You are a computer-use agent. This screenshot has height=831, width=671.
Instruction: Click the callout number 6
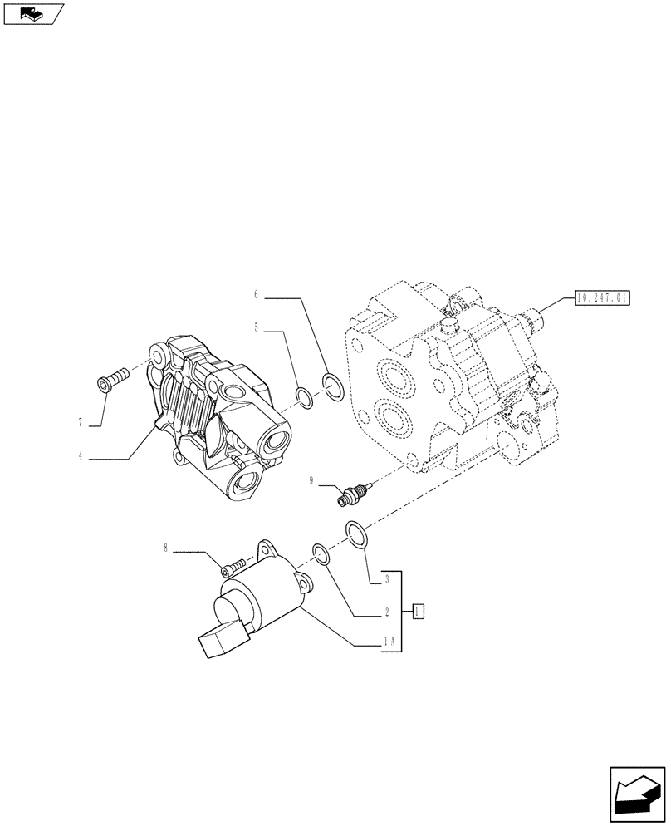point(257,293)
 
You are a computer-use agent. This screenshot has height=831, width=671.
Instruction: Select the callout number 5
point(257,328)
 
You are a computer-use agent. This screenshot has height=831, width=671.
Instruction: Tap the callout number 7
point(81,423)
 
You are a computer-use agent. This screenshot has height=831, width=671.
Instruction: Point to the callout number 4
point(81,455)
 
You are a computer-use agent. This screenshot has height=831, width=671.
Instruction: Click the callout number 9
point(311,479)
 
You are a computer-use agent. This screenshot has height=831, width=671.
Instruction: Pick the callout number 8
point(165,548)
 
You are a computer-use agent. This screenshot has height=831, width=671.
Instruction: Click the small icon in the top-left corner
point(33,13)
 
